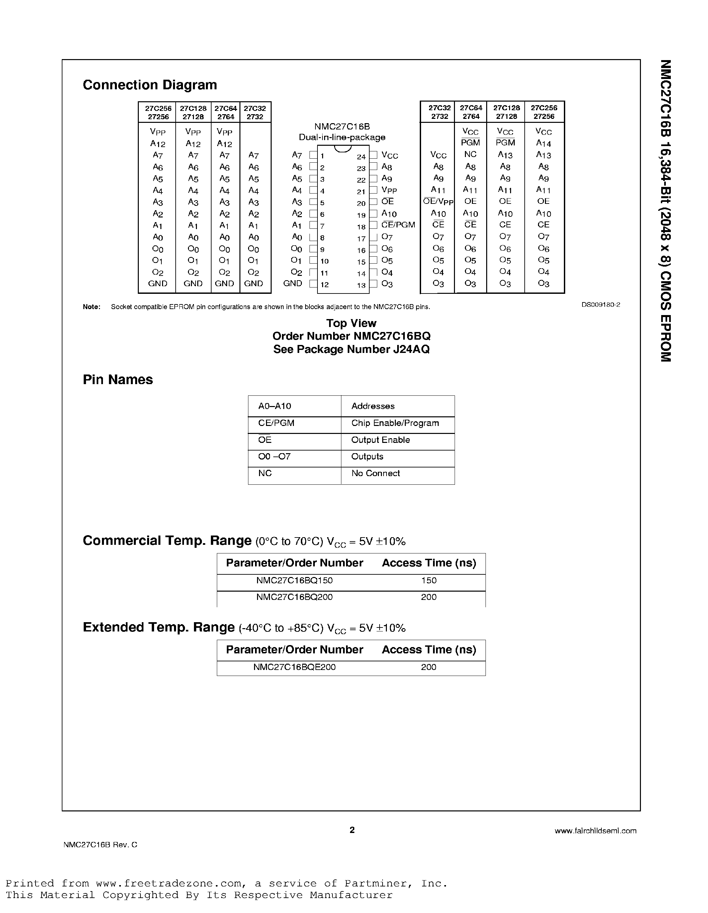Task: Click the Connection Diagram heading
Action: click(x=150, y=85)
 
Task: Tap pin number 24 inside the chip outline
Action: click(x=361, y=157)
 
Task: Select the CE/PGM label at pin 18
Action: click(x=398, y=225)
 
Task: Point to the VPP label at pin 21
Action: click(x=389, y=190)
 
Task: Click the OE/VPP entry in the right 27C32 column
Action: click(x=438, y=202)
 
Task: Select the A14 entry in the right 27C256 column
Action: click(x=543, y=143)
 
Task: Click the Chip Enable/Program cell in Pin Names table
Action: click(x=395, y=423)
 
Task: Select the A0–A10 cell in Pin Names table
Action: click(x=275, y=406)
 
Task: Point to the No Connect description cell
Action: click(x=376, y=473)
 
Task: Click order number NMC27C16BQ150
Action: click(x=295, y=580)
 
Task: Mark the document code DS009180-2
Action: click(x=600, y=305)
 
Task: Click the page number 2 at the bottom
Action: click(x=352, y=830)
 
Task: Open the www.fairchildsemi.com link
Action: click(x=595, y=831)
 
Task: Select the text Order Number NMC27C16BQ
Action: click(x=351, y=336)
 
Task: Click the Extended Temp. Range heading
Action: click(x=158, y=627)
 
